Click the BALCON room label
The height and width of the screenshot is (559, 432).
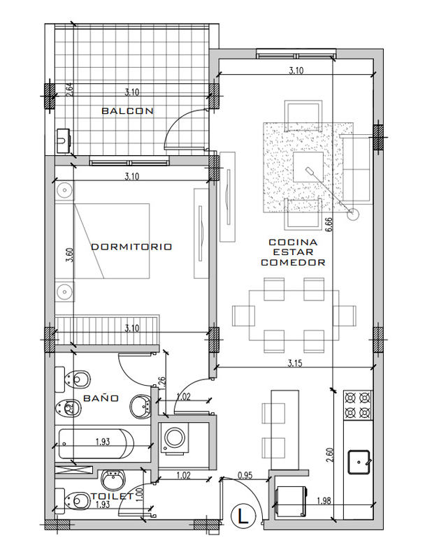point(128,111)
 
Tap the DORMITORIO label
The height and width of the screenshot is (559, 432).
point(131,247)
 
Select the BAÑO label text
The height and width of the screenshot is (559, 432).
point(101,398)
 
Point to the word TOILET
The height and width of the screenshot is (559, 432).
point(112,496)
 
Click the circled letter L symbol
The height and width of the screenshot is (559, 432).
point(244,516)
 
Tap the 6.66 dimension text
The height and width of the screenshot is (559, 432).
point(329,224)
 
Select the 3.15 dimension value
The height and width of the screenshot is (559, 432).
point(295,363)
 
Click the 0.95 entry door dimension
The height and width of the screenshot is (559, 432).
point(245,475)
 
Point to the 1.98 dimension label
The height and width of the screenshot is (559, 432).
point(324,501)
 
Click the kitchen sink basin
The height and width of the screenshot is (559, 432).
point(359,462)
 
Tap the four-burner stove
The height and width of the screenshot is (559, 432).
point(358,405)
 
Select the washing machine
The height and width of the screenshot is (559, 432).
point(175,438)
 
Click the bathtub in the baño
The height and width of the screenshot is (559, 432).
point(96,444)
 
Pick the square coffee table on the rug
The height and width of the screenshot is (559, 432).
point(308,167)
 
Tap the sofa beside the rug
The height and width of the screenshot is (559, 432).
point(357,168)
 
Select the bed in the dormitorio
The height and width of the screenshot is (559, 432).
point(112,241)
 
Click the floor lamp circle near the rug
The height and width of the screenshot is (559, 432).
point(353,214)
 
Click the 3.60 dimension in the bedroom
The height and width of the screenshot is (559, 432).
point(70,255)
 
